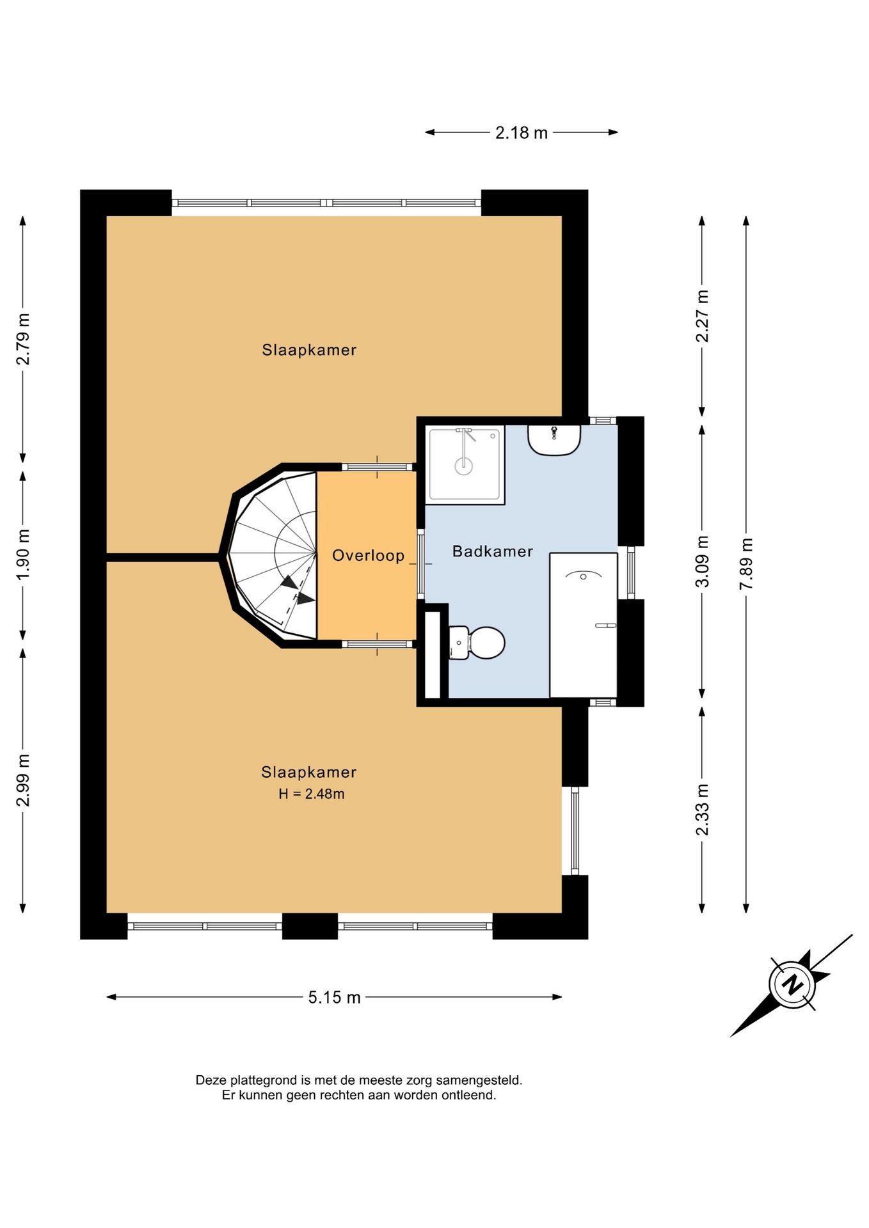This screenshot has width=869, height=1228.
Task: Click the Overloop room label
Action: [x=368, y=555]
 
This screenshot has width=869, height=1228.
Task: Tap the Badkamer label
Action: [x=492, y=551]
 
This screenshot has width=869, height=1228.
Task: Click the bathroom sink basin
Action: [x=554, y=440]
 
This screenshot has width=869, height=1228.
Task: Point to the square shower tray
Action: [x=465, y=464]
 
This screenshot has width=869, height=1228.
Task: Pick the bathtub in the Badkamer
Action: [x=583, y=625]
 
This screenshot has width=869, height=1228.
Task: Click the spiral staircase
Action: [x=274, y=555]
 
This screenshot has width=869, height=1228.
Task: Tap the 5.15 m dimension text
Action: [x=334, y=997]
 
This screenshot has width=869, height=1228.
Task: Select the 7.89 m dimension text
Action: [x=746, y=564]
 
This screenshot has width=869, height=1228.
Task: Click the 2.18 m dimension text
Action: [x=522, y=132]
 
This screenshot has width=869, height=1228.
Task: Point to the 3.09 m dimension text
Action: [x=702, y=562]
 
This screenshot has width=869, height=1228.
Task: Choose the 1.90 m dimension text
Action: [x=23, y=555]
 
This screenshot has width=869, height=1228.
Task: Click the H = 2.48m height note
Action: [x=312, y=794]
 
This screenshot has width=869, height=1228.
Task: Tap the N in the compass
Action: [x=793, y=984]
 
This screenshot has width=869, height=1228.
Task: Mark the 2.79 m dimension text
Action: [x=23, y=339]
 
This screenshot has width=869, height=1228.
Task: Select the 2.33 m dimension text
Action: [x=702, y=810]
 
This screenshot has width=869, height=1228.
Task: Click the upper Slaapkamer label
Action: [x=309, y=350]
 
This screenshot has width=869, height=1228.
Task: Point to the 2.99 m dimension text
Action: [x=23, y=780]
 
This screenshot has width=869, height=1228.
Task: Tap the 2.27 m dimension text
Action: [x=702, y=316]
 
